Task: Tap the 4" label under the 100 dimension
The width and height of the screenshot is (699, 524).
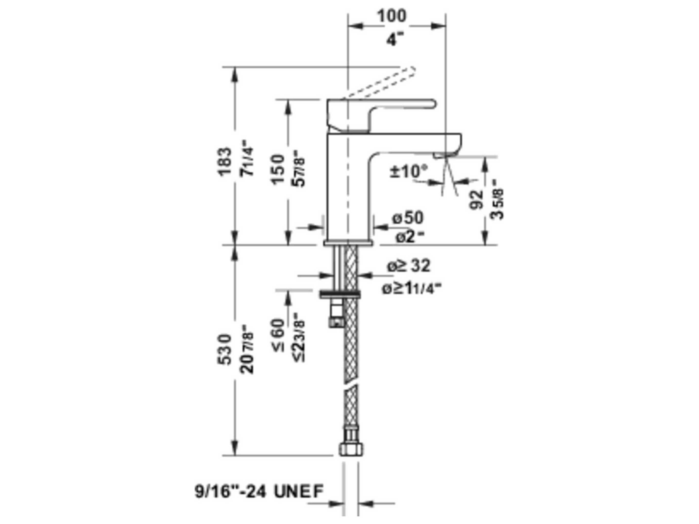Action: tap(395, 40)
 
